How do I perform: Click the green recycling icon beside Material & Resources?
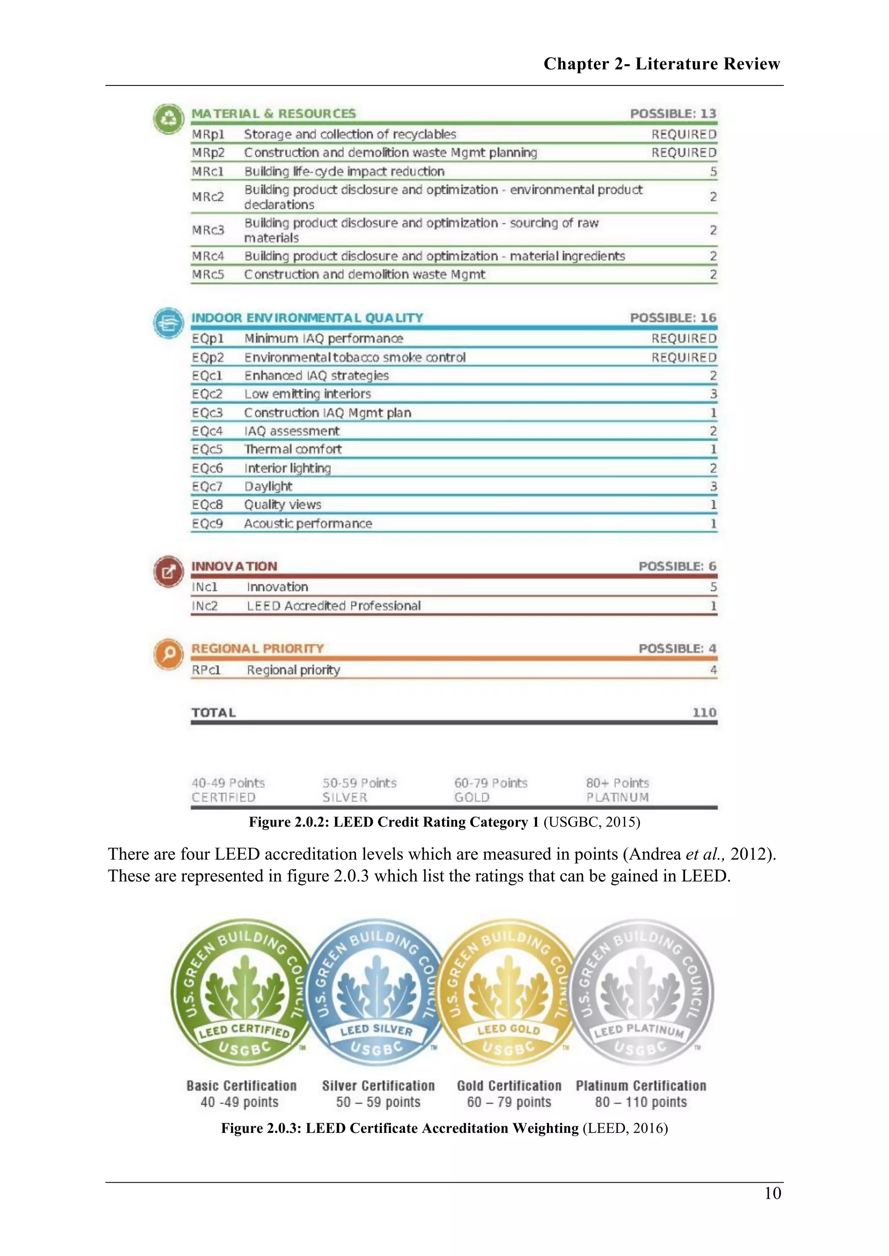pyautogui.click(x=168, y=119)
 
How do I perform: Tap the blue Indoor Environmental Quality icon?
pyautogui.click(x=168, y=323)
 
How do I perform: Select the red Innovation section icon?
pyautogui.click(x=168, y=572)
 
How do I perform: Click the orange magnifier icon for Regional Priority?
pyautogui.click(x=168, y=654)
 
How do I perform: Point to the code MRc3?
pyautogui.click(x=208, y=230)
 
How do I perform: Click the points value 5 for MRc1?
pyautogui.click(x=713, y=172)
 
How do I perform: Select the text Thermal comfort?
pyautogui.click(x=293, y=450)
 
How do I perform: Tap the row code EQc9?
pyautogui.click(x=207, y=523)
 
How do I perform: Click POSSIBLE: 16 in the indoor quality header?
pyautogui.click(x=673, y=318)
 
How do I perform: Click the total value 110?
pyautogui.click(x=704, y=712)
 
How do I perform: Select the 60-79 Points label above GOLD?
pyautogui.click(x=491, y=783)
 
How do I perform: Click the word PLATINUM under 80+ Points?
pyautogui.click(x=618, y=798)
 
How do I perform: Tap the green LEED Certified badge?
pyautogui.click(x=242, y=992)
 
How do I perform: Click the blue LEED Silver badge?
pyautogui.click(x=376, y=992)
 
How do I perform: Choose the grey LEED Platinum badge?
pyautogui.click(x=641, y=992)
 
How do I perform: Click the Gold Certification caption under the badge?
pyautogui.click(x=509, y=1086)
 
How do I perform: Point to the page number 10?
pyautogui.click(x=772, y=1194)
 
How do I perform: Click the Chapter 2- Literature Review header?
pyautogui.click(x=661, y=64)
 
